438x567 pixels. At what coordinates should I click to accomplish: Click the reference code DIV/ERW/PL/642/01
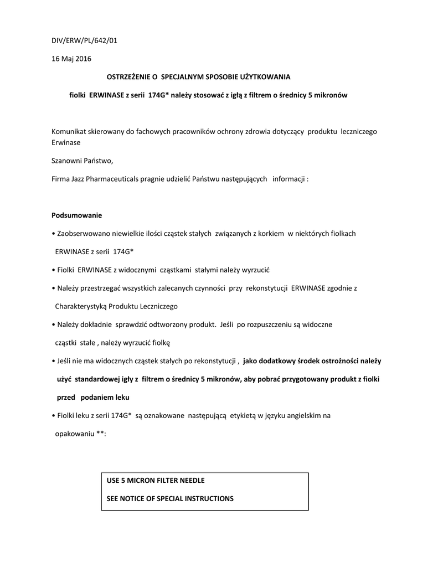click(x=84, y=40)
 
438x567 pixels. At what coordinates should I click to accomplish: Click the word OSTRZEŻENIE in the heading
click(x=126, y=76)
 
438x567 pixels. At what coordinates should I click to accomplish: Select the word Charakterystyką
click(x=81, y=306)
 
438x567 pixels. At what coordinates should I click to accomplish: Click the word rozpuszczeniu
click(x=276, y=324)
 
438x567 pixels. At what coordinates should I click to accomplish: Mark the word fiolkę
click(x=163, y=342)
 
